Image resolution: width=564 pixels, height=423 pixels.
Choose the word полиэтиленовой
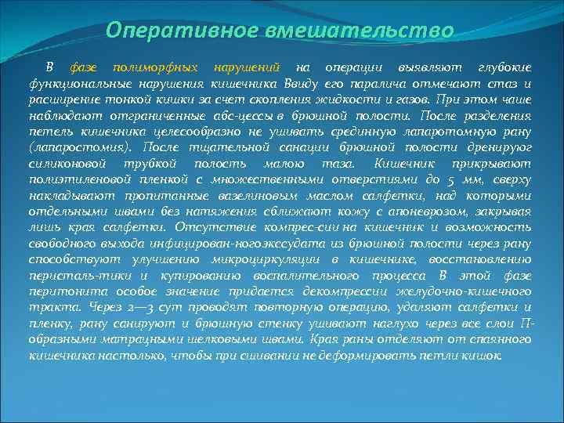pos(73,179)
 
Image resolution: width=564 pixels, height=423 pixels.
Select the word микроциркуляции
pos(258,257)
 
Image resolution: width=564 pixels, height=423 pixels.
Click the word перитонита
pos(60,289)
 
